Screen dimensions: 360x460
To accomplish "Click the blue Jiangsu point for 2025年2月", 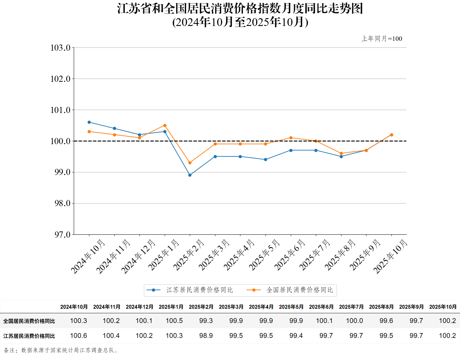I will [190, 175].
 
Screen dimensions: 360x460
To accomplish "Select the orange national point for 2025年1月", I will [165, 125].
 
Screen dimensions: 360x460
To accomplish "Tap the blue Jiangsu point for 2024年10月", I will [89, 122].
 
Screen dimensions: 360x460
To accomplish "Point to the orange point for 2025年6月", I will [291, 138].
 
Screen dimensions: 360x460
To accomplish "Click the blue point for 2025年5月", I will [266, 160].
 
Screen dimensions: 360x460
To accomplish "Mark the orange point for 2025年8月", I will [341, 154].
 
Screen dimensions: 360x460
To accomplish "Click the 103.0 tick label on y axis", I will [60, 48].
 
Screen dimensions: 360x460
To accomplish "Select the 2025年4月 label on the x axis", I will [239, 255].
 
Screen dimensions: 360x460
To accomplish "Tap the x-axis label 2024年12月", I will [138, 256].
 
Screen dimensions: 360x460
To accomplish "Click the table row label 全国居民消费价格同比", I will [29, 321].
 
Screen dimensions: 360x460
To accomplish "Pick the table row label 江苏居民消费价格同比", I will [29, 336].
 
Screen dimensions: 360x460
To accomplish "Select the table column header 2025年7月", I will [351, 307].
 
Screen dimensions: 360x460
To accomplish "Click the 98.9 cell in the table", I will [206, 336].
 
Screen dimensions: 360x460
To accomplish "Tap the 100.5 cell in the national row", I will [174, 321].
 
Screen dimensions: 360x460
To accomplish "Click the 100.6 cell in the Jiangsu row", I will [78, 336].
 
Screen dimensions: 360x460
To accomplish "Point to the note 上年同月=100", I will [382, 39].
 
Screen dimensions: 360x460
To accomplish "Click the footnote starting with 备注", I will [62, 350].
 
